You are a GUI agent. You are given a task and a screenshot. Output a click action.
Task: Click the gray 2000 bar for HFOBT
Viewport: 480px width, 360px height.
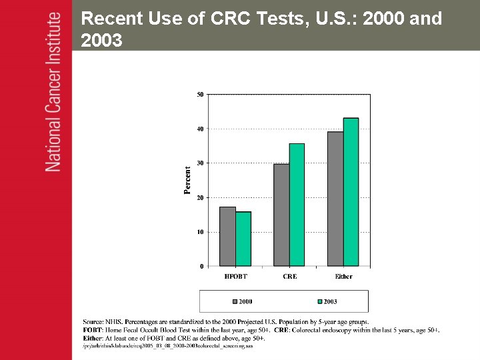point(227,237)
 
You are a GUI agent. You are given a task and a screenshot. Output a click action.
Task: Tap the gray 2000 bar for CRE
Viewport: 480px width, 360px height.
point(281,215)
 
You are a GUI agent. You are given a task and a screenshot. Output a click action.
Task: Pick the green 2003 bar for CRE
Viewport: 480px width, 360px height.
point(297,205)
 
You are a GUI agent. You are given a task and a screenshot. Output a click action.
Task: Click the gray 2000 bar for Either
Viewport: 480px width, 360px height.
point(335,199)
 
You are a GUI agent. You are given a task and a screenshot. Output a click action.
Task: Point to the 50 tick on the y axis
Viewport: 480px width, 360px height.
point(201,94)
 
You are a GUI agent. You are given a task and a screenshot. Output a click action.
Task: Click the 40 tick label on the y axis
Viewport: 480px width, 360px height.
point(201,129)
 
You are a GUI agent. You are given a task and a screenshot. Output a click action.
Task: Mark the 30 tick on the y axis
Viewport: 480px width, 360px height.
point(201,163)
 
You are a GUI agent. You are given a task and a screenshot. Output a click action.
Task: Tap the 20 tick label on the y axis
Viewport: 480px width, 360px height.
point(201,198)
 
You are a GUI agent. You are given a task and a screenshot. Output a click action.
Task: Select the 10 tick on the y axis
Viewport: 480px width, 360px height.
point(201,232)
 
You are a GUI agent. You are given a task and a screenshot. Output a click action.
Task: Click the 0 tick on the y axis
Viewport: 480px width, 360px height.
point(202,267)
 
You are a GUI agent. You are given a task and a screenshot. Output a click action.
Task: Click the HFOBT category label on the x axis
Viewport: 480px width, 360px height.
point(235,277)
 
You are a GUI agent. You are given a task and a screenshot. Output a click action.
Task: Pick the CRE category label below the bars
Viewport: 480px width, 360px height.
point(289,277)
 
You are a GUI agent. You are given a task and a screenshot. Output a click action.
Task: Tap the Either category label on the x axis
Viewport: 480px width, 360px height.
point(343,277)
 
